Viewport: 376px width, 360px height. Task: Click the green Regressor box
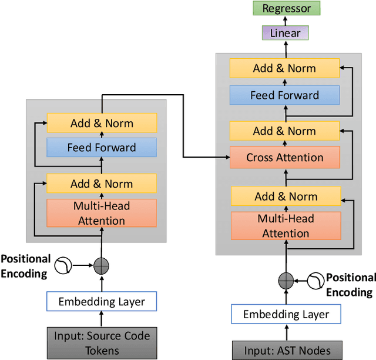pos(287,8)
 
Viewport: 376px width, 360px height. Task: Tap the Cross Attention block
pos(284,158)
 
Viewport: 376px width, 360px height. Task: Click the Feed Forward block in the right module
pos(284,95)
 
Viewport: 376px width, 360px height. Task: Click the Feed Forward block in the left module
pos(102,148)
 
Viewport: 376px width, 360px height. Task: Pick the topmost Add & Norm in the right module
pos(284,68)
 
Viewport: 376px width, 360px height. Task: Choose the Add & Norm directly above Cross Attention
pos(284,131)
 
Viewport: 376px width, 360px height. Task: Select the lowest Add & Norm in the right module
pos(284,196)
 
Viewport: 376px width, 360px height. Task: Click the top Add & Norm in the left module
pos(102,123)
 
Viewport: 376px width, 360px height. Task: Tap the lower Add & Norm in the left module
pos(102,184)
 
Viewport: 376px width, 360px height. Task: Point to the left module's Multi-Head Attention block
pos(102,213)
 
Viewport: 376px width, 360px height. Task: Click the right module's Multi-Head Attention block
pos(286,226)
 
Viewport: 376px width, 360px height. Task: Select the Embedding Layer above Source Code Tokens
pos(102,302)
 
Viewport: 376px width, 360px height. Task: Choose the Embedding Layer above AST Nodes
pos(286,314)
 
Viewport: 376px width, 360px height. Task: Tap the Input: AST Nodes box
pos(287,350)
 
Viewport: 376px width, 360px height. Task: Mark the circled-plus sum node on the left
pos(102,266)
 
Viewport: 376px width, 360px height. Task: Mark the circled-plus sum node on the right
pos(286,279)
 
